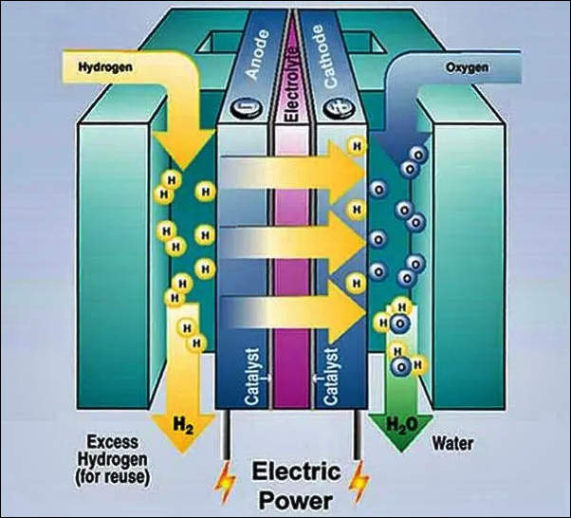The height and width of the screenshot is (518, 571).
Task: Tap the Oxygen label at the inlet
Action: click(466, 68)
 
